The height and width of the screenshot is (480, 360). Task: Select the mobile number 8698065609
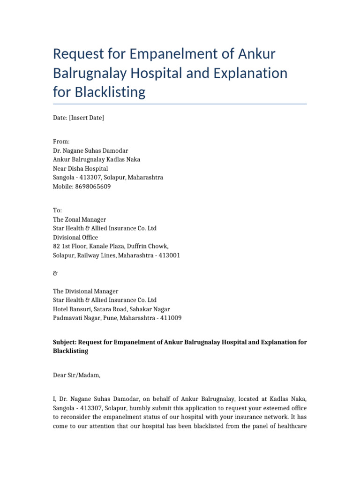[x=93, y=186]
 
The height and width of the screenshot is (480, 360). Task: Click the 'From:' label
[x=61, y=141]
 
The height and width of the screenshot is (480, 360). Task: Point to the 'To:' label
[x=58, y=210]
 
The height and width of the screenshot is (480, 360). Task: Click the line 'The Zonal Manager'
[x=79, y=219]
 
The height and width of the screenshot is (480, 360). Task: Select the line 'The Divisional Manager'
[x=85, y=291]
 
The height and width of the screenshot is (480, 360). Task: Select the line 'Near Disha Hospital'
[x=80, y=168]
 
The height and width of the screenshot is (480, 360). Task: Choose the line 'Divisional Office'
[x=75, y=237]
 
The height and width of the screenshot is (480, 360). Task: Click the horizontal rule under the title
[x=180, y=104]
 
